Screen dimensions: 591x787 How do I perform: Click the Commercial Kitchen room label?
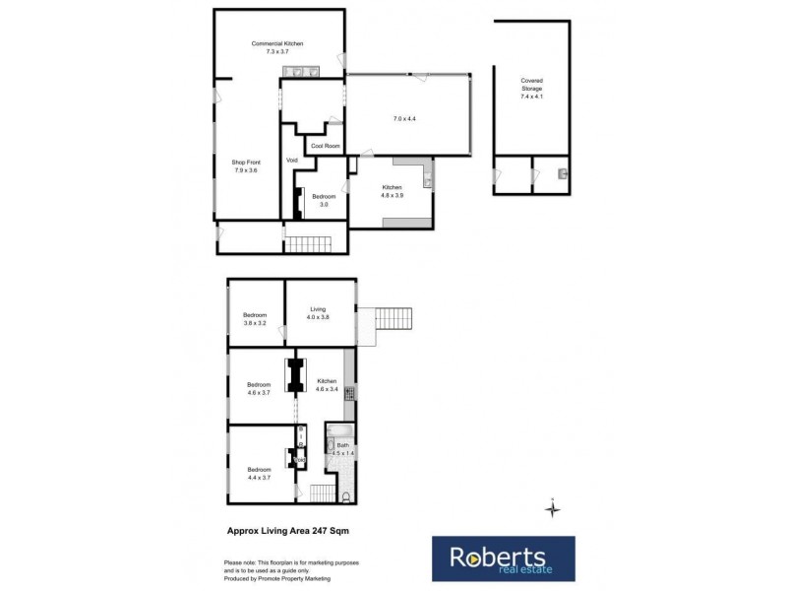tap(276, 47)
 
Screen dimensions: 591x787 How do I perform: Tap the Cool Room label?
tap(325, 147)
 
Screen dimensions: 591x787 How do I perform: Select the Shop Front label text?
tap(245, 166)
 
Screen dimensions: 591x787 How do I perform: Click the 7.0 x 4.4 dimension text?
tap(404, 119)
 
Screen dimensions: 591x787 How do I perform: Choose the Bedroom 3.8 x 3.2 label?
tap(255, 319)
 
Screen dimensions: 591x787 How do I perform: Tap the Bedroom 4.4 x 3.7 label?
tap(259, 475)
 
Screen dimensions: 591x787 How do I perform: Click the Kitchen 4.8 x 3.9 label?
tap(393, 191)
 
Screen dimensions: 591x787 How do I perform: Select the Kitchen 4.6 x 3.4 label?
tap(327, 385)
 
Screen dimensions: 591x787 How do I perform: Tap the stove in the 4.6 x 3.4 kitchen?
tap(348, 395)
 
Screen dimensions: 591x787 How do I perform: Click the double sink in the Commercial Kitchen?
tap(302, 71)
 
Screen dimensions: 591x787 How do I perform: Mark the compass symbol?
tap(553, 508)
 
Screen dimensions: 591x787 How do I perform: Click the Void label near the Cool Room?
tap(291, 160)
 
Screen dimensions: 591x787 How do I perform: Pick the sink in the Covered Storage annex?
tap(560, 173)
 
